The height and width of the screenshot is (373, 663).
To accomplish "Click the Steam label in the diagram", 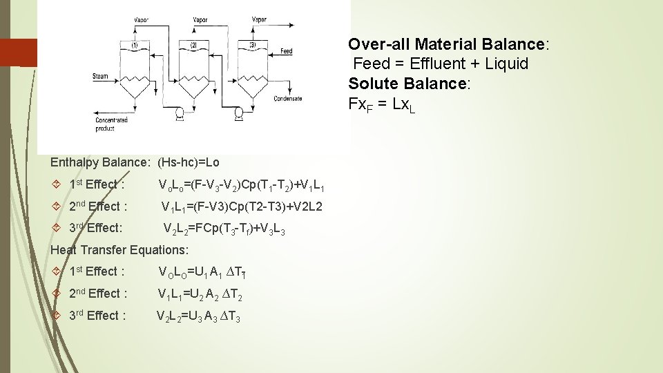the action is point(100,76).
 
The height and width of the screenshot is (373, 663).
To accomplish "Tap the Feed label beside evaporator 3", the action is point(287,51).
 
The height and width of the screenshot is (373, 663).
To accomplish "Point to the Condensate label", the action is point(287,99).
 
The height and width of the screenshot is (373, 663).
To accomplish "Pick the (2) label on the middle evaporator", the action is point(194,45).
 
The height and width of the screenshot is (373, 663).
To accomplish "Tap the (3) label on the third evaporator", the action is point(253,45).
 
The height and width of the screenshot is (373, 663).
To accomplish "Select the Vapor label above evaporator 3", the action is point(259,20).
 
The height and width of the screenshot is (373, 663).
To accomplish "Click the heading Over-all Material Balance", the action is point(448,44).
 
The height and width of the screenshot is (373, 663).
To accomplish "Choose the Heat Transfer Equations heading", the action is point(119,249).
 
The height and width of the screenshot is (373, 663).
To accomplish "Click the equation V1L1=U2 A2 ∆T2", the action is point(200,294).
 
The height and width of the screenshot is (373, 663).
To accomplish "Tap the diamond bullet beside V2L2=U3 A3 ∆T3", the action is point(58,316).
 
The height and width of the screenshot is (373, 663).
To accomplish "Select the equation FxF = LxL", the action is point(382,105).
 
